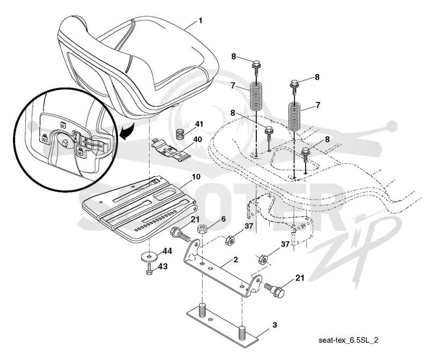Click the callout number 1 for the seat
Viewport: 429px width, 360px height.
pos(201,21)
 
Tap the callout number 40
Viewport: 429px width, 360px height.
pos(197,139)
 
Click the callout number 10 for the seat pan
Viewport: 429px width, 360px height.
pos(196,177)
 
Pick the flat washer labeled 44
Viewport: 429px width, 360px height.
pos(150,257)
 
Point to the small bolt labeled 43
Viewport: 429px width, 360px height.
pos(149,270)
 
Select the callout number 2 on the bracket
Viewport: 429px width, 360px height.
pos(235,260)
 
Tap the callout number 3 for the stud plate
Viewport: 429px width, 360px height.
pos(275,325)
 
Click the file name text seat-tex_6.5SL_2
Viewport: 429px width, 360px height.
pos(348,340)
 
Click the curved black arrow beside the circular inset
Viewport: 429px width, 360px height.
pos(128,131)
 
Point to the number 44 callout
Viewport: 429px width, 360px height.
pos(167,251)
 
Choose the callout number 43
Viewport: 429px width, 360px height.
pos(163,266)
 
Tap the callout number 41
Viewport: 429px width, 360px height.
pos(199,124)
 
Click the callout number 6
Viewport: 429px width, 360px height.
pos(224,219)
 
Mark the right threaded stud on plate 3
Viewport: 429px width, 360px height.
pos(242,332)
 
